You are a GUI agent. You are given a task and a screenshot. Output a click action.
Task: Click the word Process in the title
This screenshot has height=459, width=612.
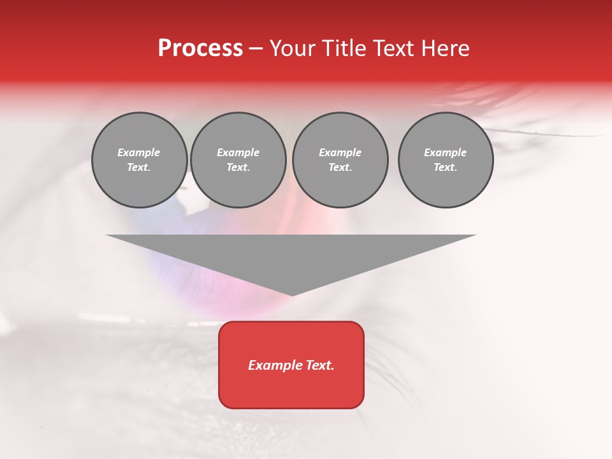point(200,48)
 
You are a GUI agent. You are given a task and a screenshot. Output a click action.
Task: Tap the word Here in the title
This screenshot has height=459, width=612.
point(446,48)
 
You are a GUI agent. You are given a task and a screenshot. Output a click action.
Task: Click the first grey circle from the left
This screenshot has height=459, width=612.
point(139,160)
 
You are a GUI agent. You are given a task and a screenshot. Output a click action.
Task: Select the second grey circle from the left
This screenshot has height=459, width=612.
point(238,160)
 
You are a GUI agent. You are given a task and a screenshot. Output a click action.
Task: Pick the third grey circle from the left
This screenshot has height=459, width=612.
point(340,160)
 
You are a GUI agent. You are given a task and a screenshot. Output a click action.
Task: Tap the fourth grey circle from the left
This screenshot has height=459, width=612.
point(446,160)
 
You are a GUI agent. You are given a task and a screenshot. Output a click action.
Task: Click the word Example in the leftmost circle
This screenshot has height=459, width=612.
point(139,152)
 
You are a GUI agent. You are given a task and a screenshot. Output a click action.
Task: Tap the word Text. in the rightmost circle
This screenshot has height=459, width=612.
point(446,168)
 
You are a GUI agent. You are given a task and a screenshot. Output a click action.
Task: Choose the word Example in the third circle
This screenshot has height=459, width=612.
point(340,152)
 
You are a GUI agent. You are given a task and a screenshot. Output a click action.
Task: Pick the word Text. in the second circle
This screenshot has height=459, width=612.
point(238,168)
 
